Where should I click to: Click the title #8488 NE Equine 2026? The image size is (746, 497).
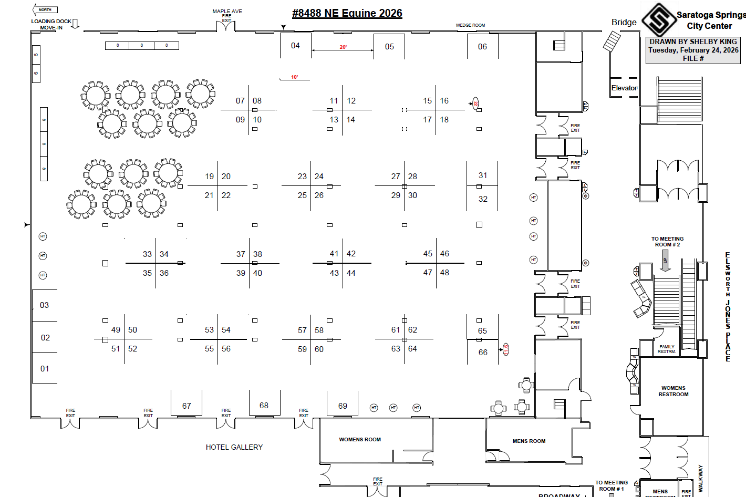pos(347,13)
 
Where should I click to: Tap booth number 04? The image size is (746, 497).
pos(295,46)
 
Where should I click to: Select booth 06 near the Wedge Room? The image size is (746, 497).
pos(482,47)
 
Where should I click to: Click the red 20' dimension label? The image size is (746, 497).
pos(343,47)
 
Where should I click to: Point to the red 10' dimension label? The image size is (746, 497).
pos(295,77)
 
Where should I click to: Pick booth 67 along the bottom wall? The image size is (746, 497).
pos(186,406)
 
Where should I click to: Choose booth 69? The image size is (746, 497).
pos(343,406)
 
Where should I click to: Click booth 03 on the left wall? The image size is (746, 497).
pos(44,305)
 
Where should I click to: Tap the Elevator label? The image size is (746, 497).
pos(624,88)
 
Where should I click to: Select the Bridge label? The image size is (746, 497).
pos(624,22)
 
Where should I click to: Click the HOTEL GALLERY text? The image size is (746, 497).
pos(234,447)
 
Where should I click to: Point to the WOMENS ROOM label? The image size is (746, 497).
pos(360,439)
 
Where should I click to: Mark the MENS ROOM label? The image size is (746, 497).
pos(529,441)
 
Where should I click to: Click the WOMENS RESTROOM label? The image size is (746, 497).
pos(673,391)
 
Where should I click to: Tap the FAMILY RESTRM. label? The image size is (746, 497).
pos(667,349)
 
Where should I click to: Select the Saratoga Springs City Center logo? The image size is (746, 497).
pos(659,20)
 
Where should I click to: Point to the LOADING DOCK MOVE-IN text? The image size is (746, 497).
pos(51,24)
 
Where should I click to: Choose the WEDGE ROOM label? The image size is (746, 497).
pos(470,25)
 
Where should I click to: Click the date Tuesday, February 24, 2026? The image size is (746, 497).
pos(693,50)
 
